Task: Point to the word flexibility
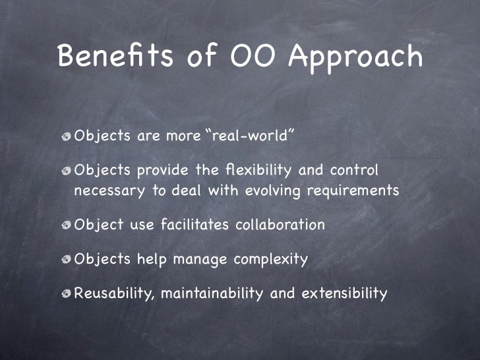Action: [x=254, y=171]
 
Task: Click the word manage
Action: [x=196, y=260]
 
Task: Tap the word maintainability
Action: [x=212, y=293]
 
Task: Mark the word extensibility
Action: [x=344, y=293]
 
